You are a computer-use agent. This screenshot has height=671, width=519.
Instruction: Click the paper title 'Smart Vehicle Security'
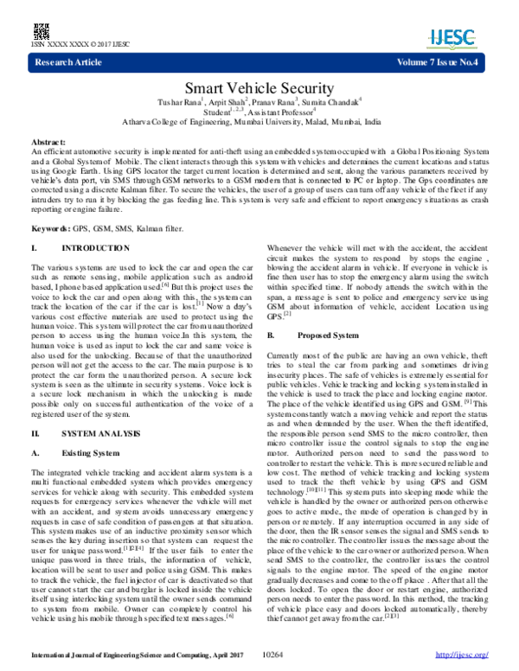tap(259, 88)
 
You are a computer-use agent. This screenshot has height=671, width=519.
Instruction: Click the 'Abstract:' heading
tap(48, 140)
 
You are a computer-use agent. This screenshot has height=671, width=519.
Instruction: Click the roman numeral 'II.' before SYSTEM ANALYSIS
tap(36, 431)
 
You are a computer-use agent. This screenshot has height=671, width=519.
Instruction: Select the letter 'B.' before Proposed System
tap(272, 334)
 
